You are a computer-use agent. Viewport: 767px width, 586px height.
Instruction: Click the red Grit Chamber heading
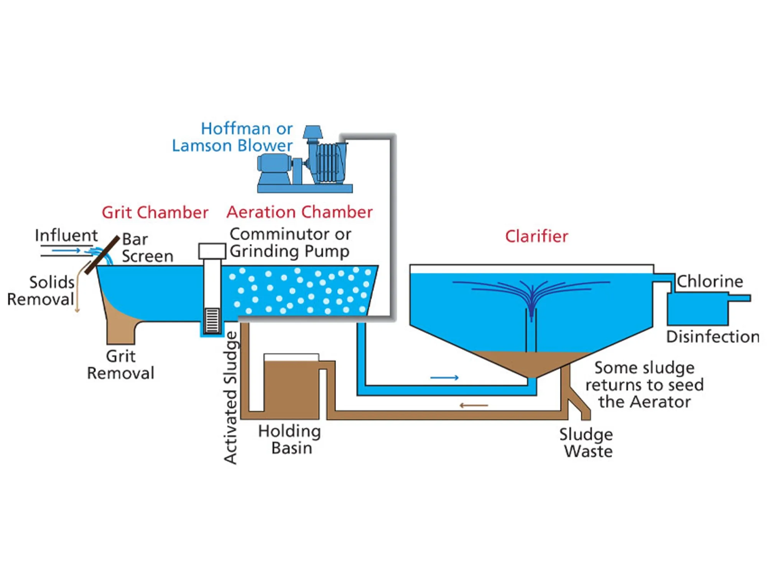coord(155,212)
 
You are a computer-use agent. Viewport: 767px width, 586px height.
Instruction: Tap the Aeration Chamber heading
coord(299,212)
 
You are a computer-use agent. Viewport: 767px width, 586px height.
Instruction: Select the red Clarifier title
coord(536,236)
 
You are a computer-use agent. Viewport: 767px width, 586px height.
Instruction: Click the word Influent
coord(66,235)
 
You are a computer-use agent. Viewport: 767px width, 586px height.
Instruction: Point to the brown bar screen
coord(102,255)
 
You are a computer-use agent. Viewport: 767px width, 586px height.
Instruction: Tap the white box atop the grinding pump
coord(212,251)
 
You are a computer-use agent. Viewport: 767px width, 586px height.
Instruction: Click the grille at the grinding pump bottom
coord(212,320)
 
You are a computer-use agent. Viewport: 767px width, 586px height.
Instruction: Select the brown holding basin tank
coord(291,387)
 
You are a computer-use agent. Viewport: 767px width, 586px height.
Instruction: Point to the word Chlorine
coord(709,281)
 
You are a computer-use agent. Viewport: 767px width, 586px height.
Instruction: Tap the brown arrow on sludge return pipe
coord(474,405)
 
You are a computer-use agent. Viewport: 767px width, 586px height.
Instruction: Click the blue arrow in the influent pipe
coord(66,251)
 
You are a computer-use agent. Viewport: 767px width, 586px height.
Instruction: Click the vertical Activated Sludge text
coord(230,398)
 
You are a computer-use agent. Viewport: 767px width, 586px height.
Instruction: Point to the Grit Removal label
coord(120,364)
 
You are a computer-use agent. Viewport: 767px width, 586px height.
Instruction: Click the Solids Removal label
coord(41,291)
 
